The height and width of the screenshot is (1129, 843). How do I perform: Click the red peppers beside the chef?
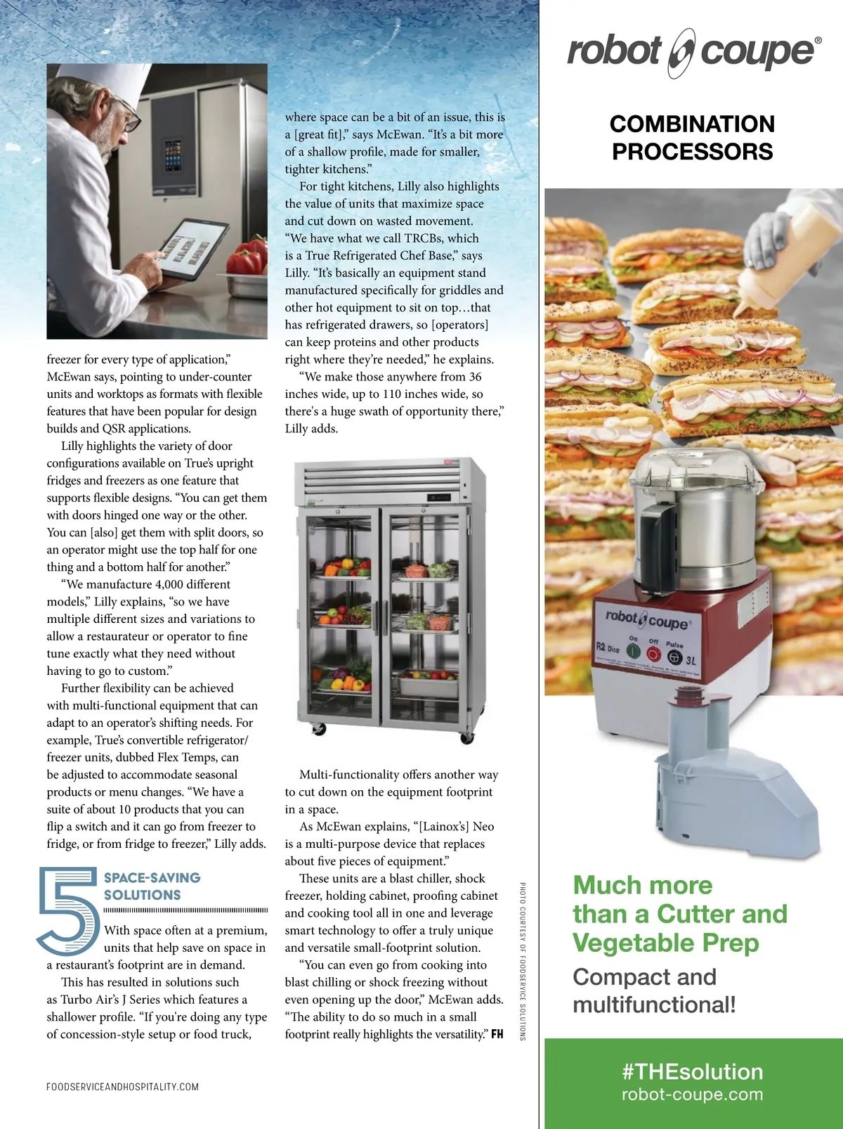pos(248,256)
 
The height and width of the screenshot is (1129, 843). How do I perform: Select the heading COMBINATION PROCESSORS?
pos(692,138)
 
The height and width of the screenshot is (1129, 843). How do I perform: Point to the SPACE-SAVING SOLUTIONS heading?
pos(152,886)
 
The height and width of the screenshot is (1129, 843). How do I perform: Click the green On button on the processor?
pos(633,652)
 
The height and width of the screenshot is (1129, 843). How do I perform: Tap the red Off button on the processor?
pos(653,654)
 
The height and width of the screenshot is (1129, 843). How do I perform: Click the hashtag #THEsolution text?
pos(693,1072)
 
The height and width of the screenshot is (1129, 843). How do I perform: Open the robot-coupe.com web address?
pos(693,1094)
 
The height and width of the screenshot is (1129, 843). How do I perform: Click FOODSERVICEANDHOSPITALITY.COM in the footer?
pos(122,1087)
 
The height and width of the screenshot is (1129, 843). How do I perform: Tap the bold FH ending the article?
pos(497,1034)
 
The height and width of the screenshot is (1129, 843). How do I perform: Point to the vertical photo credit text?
pos(522,961)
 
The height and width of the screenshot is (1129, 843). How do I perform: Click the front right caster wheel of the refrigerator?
pos(466,738)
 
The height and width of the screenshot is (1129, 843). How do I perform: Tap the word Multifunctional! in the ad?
pos(654,1005)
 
